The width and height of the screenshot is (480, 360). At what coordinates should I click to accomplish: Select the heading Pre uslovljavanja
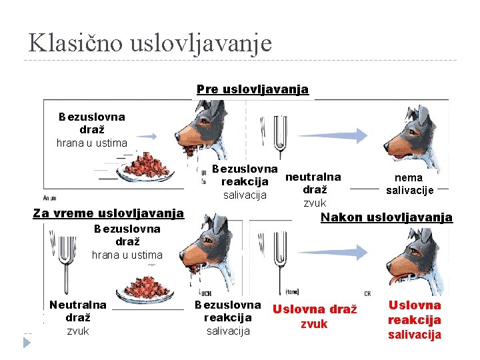coord(252,89)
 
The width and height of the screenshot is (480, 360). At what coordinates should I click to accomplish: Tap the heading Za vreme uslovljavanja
coord(108,213)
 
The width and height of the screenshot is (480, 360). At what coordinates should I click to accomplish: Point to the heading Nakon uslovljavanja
coord(386,217)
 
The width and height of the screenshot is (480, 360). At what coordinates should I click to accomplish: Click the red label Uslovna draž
coord(314,309)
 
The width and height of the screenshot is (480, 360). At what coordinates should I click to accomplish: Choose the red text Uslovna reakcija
coord(414,313)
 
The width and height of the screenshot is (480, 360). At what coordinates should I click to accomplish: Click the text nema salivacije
coord(409,184)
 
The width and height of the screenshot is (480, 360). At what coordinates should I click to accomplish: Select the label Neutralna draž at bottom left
coord(77,311)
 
